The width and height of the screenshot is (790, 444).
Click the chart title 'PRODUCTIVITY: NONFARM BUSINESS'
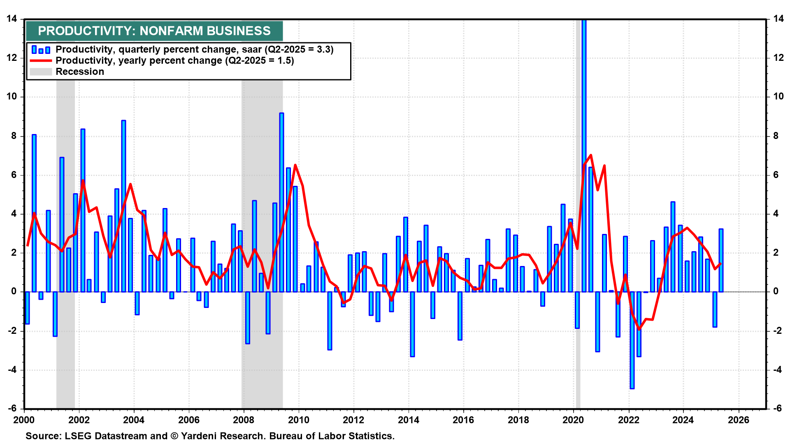[154, 31]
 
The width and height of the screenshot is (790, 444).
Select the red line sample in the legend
[41, 61]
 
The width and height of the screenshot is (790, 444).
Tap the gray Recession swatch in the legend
[41, 72]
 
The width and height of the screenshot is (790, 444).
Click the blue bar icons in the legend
[41, 50]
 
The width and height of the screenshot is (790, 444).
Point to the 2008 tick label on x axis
[244, 420]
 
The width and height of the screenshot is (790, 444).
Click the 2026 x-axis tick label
[739, 420]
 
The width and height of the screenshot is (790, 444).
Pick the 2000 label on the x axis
[24, 420]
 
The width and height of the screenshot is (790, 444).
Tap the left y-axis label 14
[12, 19]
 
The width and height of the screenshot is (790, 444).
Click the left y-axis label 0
[14, 291]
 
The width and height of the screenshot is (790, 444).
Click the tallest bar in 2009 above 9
[281, 201]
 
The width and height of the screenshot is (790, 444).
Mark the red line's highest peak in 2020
[591, 155]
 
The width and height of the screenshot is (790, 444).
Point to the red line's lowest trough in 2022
[639, 329]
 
